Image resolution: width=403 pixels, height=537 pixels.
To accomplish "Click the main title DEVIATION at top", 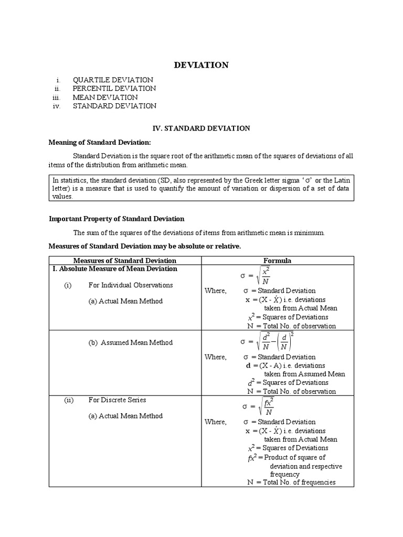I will click(201, 65).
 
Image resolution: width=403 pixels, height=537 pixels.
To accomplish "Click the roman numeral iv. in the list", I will click(57, 106).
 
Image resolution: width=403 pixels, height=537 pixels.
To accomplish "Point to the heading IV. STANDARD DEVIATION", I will click(201, 128).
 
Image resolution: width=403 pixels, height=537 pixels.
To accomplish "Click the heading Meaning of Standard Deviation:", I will click(100, 142).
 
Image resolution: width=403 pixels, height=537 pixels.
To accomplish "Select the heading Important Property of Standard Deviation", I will click(116, 219).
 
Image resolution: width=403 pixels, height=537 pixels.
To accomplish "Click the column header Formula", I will click(277, 261).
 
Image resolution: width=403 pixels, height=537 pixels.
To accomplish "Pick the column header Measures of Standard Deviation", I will click(125, 261).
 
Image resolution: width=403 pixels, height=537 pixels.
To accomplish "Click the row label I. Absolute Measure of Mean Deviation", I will click(114, 268).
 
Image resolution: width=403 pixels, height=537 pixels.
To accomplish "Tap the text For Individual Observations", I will click(131, 285).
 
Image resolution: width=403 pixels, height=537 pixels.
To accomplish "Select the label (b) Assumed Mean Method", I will click(130, 342).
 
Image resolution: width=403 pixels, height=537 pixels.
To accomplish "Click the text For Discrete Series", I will click(117, 400).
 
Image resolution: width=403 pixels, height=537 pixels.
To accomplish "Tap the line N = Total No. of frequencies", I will click(291, 482).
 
